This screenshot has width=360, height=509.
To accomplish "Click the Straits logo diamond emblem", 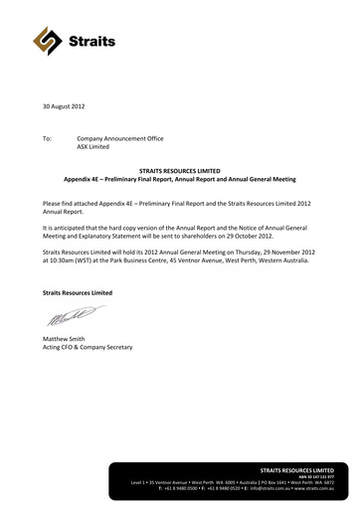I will coord(47,40).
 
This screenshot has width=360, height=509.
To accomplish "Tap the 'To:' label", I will coord(47,137).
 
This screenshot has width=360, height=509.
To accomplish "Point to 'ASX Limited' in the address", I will coord(96,146).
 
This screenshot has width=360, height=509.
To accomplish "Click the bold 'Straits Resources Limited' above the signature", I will coord(78,293).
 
